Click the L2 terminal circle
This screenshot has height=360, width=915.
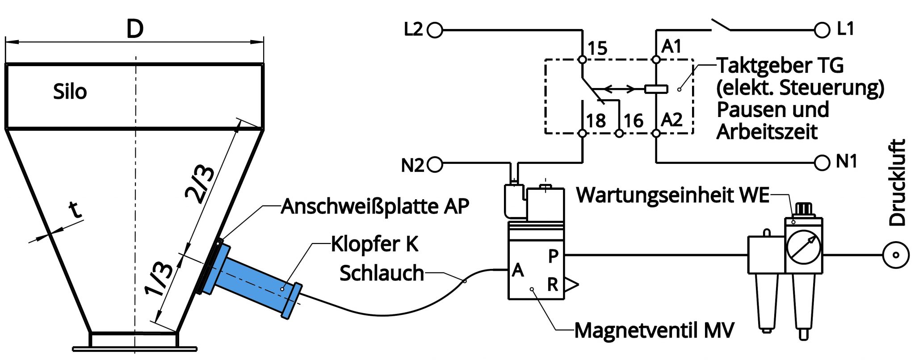[x=435, y=30]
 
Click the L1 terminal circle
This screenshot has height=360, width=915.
[x=822, y=30]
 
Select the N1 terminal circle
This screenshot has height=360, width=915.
[x=822, y=163]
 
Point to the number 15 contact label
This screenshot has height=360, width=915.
[x=597, y=48]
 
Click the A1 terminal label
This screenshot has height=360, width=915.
[x=672, y=46]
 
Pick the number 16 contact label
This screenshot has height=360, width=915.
[x=633, y=121]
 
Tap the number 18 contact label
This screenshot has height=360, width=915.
[x=596, y=121]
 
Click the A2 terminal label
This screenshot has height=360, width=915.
[x=672, y=120]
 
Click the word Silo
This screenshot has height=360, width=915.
[x=70, y=92]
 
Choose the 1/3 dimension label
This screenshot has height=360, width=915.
[x=159, y=279]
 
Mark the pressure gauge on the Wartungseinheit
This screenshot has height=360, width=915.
[x=804, y=246]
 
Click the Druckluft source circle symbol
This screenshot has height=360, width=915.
[x=896, y=255]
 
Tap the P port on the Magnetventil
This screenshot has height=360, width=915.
[x=553, y=256]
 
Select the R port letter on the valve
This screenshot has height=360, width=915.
[x=553, y=284]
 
